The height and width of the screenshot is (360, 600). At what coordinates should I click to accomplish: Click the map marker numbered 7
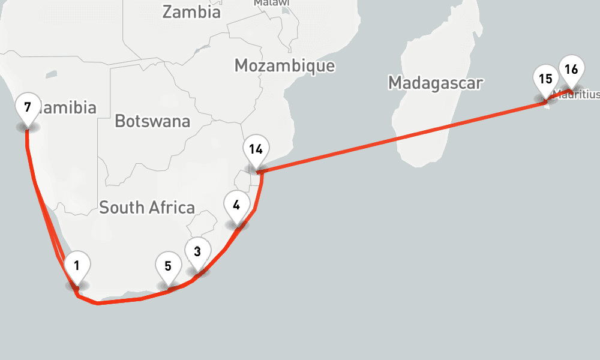[x=27, y=109]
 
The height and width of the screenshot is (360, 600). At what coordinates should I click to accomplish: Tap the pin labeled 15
[x=545, y=79]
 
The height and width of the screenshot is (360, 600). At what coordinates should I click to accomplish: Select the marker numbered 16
[x=571, y=70]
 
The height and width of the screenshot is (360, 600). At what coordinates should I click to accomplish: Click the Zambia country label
[x=191, y=12]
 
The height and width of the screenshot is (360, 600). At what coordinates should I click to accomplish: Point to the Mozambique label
[x=284, y=65]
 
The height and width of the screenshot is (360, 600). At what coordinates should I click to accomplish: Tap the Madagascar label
[x=435, y=83]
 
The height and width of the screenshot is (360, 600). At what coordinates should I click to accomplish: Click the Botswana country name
[x=152, y=121]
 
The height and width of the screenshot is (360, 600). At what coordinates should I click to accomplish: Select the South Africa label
[x=147, y=208]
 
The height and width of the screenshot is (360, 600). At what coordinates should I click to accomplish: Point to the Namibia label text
[x=69, y=108]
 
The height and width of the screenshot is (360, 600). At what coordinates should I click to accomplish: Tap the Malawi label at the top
[x=271, y=3]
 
